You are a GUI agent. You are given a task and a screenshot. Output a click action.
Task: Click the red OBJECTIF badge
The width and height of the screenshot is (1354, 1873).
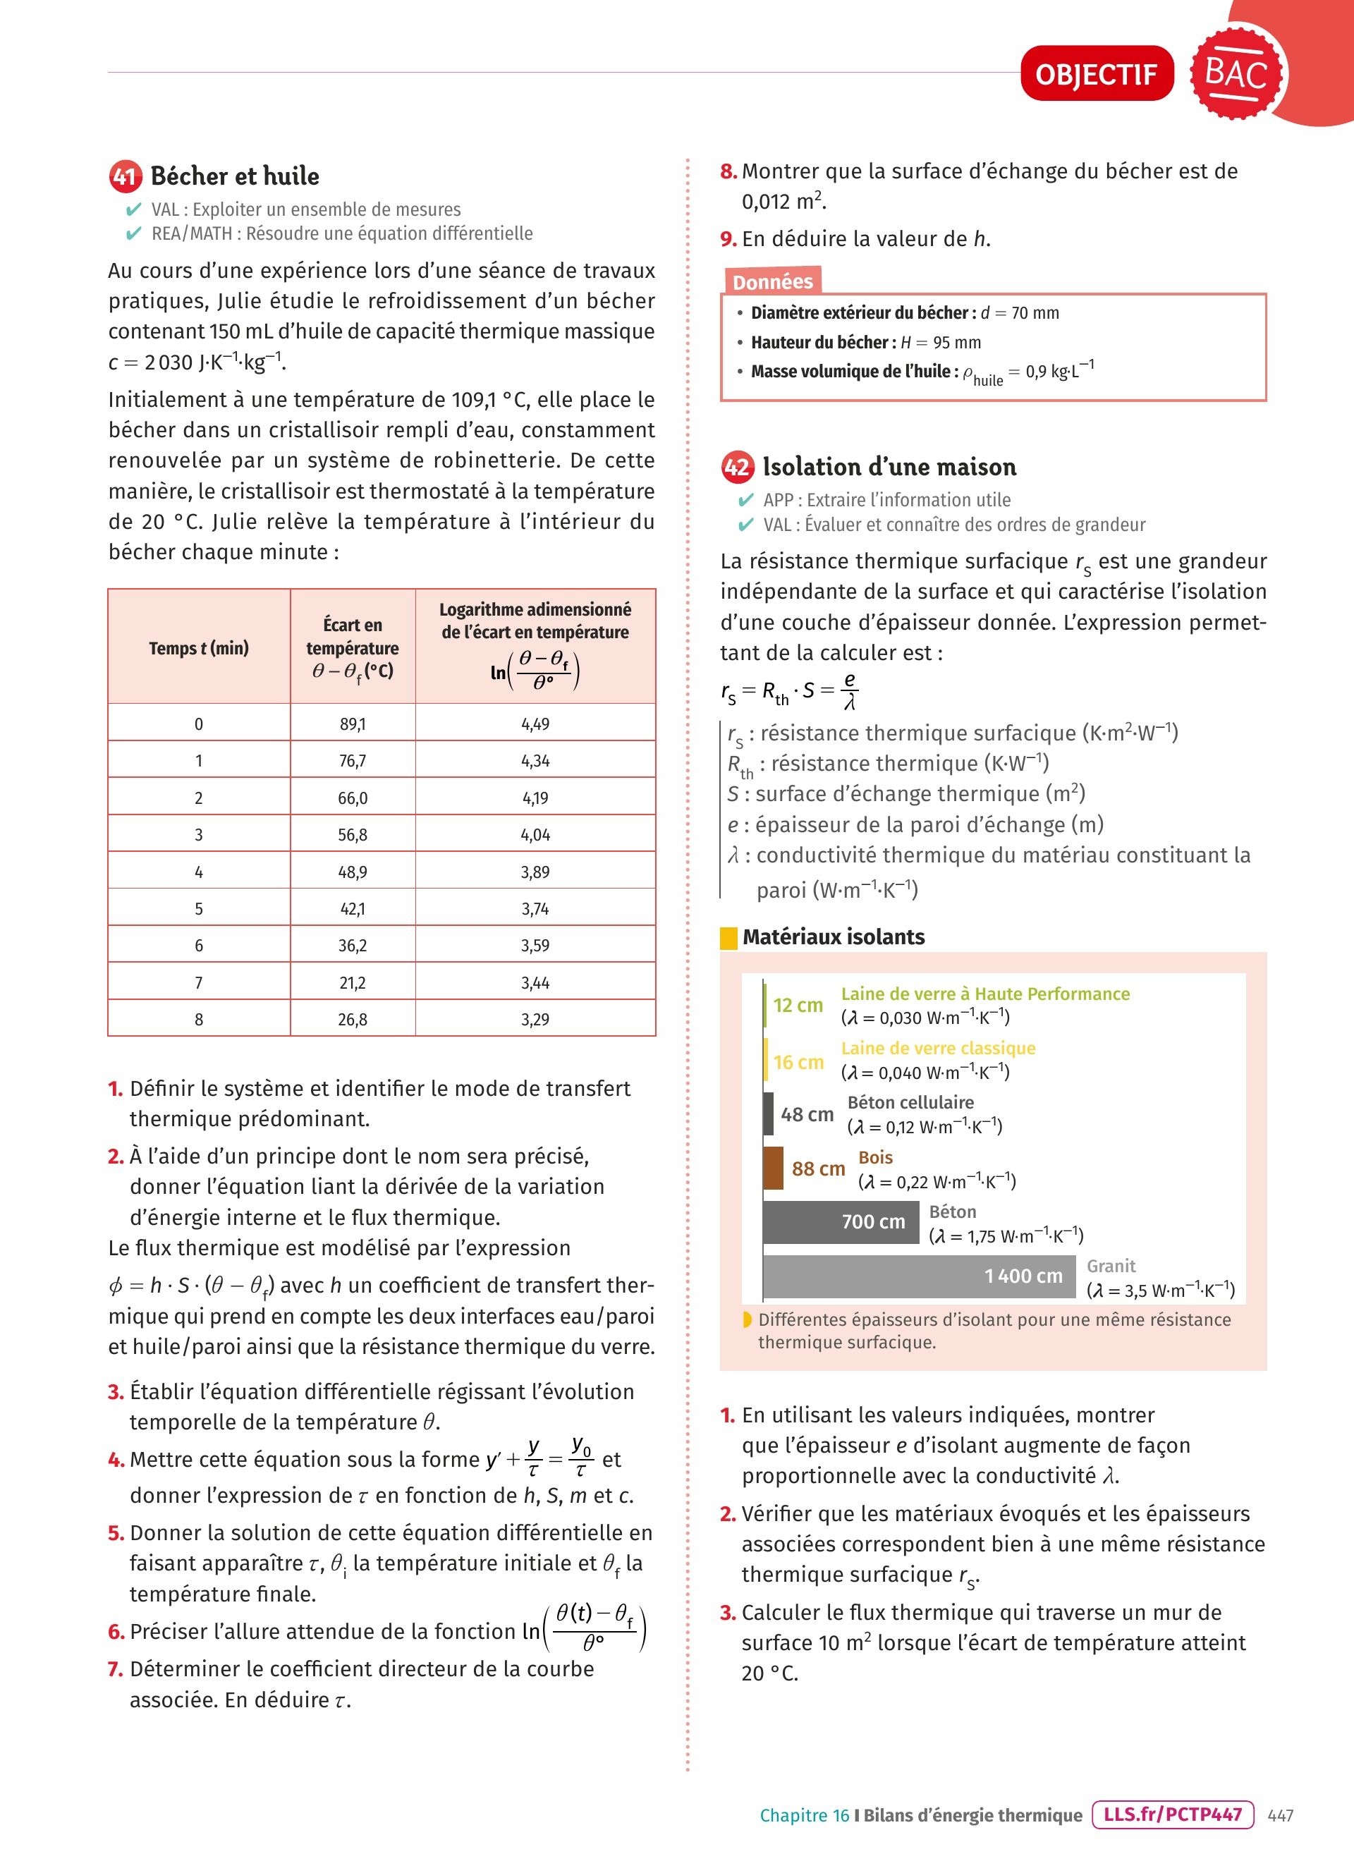click(1097, 74)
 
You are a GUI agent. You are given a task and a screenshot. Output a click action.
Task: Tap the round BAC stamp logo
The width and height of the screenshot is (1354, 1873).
click(1237, 73)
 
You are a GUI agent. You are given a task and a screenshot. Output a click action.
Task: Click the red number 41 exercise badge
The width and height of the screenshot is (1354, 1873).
click(125, 176)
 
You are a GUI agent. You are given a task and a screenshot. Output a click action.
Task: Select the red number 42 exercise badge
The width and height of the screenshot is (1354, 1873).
click(736, 468)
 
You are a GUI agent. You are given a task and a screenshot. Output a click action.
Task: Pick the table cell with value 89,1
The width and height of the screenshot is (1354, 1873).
click(353, 724)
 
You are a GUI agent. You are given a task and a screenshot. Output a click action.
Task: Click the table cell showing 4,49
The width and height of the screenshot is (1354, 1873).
click(535, 724)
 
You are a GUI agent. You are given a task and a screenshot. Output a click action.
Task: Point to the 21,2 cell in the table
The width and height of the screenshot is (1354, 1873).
click(353, 983)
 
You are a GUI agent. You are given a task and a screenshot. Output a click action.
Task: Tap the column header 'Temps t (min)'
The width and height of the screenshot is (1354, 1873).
click(199, 648)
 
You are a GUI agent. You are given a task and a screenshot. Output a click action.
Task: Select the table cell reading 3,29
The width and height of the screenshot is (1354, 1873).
click(535, 1019)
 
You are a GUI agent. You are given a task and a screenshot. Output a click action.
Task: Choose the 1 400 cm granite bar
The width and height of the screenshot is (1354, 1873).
click(919, 1276)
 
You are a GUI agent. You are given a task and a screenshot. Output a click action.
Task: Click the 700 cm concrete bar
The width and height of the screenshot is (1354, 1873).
click(841, 1221)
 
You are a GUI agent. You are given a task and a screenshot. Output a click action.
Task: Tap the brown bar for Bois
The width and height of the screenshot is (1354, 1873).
click(774, 1168)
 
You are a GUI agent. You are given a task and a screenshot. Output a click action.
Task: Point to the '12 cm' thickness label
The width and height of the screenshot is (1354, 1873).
click(798, 1005)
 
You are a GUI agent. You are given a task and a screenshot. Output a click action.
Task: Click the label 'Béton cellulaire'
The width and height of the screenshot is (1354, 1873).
click(910, 1102)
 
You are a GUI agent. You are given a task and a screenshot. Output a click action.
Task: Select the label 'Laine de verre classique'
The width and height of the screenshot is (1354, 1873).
click(938, 1048)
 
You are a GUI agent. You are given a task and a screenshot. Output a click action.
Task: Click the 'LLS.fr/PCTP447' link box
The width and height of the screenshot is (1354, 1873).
click(1172, 1814)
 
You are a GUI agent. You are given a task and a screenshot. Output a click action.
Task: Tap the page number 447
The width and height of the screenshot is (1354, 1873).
click(1280, 1815)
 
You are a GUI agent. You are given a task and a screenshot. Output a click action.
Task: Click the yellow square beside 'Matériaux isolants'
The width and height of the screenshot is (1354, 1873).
click(729, 938)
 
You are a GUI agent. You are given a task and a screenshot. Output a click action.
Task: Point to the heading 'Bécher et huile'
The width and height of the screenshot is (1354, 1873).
click(234, 176)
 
